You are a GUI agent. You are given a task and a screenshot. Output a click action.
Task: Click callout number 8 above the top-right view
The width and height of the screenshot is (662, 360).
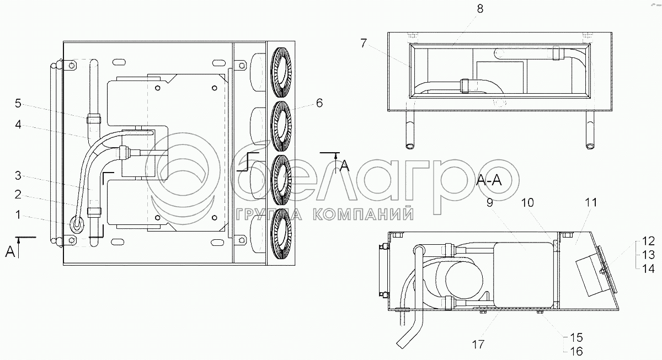(480, 9)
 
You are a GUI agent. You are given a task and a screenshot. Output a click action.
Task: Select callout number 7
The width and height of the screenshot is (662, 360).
(363, 44)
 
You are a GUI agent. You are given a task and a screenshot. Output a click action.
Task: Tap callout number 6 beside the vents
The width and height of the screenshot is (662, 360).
(319, 103)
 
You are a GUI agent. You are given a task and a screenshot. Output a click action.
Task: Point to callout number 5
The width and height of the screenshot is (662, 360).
(18, 103)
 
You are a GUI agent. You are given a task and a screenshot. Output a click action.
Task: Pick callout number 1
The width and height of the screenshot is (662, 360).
(18, 214)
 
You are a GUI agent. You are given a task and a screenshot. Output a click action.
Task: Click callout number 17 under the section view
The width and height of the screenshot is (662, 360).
(478, 345)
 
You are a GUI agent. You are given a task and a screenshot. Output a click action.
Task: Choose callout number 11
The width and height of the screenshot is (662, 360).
(591, 202)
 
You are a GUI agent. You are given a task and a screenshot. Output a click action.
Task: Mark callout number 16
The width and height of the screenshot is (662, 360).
(576, 351)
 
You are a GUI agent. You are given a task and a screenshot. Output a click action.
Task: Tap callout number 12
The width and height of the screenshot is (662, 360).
(648, 241)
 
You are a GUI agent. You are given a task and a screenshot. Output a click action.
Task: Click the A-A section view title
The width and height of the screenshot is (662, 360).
(489, 180)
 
